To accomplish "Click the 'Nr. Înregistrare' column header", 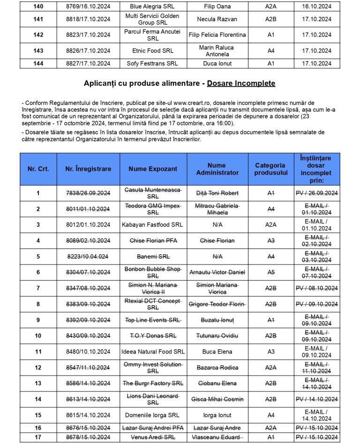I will pos(88,169).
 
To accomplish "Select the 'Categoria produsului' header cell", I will pos(270,169).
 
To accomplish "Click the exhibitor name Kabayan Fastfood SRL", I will pos(153,225).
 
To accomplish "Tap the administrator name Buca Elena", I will pos(217,352).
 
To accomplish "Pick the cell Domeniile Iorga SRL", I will pos(153,415).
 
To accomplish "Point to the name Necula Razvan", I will pos(217,20).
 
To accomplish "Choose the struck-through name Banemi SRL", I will pos(153,257).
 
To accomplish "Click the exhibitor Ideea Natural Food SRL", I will pos(153,352).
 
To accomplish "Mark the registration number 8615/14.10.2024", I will pos(88,415).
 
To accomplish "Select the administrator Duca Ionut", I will pos(217,64).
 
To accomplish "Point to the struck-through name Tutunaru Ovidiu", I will pos(217,336).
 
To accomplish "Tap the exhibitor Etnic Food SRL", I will pos(153,51).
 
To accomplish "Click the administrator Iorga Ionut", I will pos(217,415).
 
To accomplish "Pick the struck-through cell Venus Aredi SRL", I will pos(153,437).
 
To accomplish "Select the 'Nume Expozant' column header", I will pos(153,169).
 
